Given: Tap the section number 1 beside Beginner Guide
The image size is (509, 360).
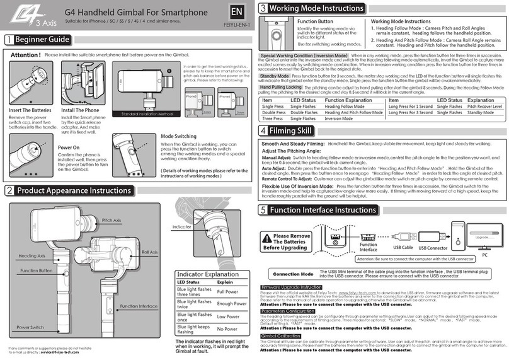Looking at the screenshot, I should coord(8,39).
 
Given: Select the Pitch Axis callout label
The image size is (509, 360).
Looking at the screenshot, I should coord(112,220).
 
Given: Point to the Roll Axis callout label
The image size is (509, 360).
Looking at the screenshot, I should coord(149,252).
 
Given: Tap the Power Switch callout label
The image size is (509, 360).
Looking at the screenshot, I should coord(30,328).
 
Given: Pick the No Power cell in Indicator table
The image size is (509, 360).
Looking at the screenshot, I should coord(227,330).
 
